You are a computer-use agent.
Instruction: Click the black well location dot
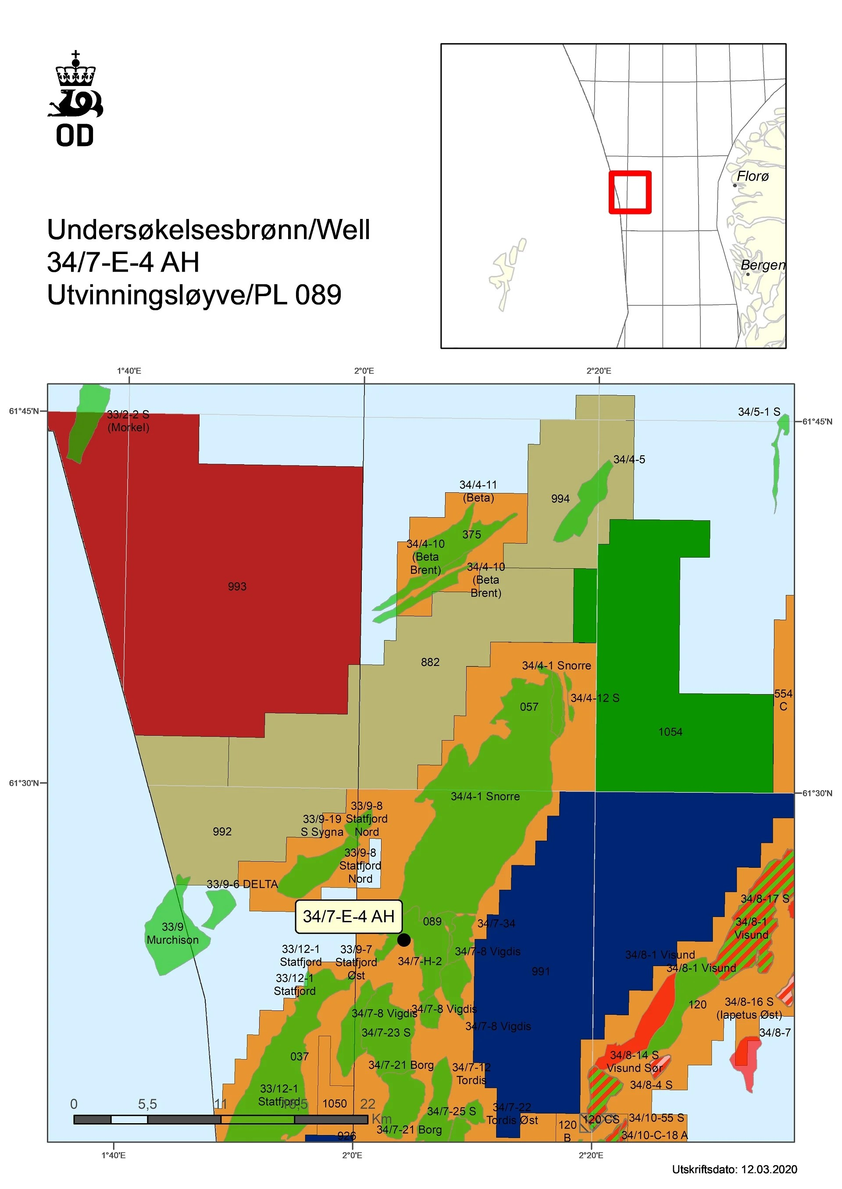[x=404, y=939]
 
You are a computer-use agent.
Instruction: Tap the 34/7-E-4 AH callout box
[x=348, y=916]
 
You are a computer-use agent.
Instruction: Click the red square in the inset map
[x=630, y=192]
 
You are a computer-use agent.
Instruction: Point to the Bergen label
[x=763, y=265]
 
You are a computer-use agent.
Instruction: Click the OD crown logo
[x=76, y=99]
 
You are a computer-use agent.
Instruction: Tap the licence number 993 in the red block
[x=237, y=587]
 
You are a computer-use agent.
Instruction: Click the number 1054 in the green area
[x=671, y=732]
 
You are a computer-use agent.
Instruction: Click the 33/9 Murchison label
[x=173, y=933]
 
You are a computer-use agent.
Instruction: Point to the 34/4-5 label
[x=629, y=460]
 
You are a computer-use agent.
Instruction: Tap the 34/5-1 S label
[x=759, y=412]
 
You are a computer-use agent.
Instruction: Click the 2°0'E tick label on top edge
[x=364, y=371]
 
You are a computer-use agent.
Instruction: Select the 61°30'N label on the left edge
[x=24, y=783]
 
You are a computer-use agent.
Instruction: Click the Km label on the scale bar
[x=382, y=1119]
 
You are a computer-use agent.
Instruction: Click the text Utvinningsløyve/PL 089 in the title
[x=194, y=295]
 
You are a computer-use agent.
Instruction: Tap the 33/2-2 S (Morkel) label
[x=128, y=421]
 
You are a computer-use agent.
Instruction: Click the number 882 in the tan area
[x=430, y=662]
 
